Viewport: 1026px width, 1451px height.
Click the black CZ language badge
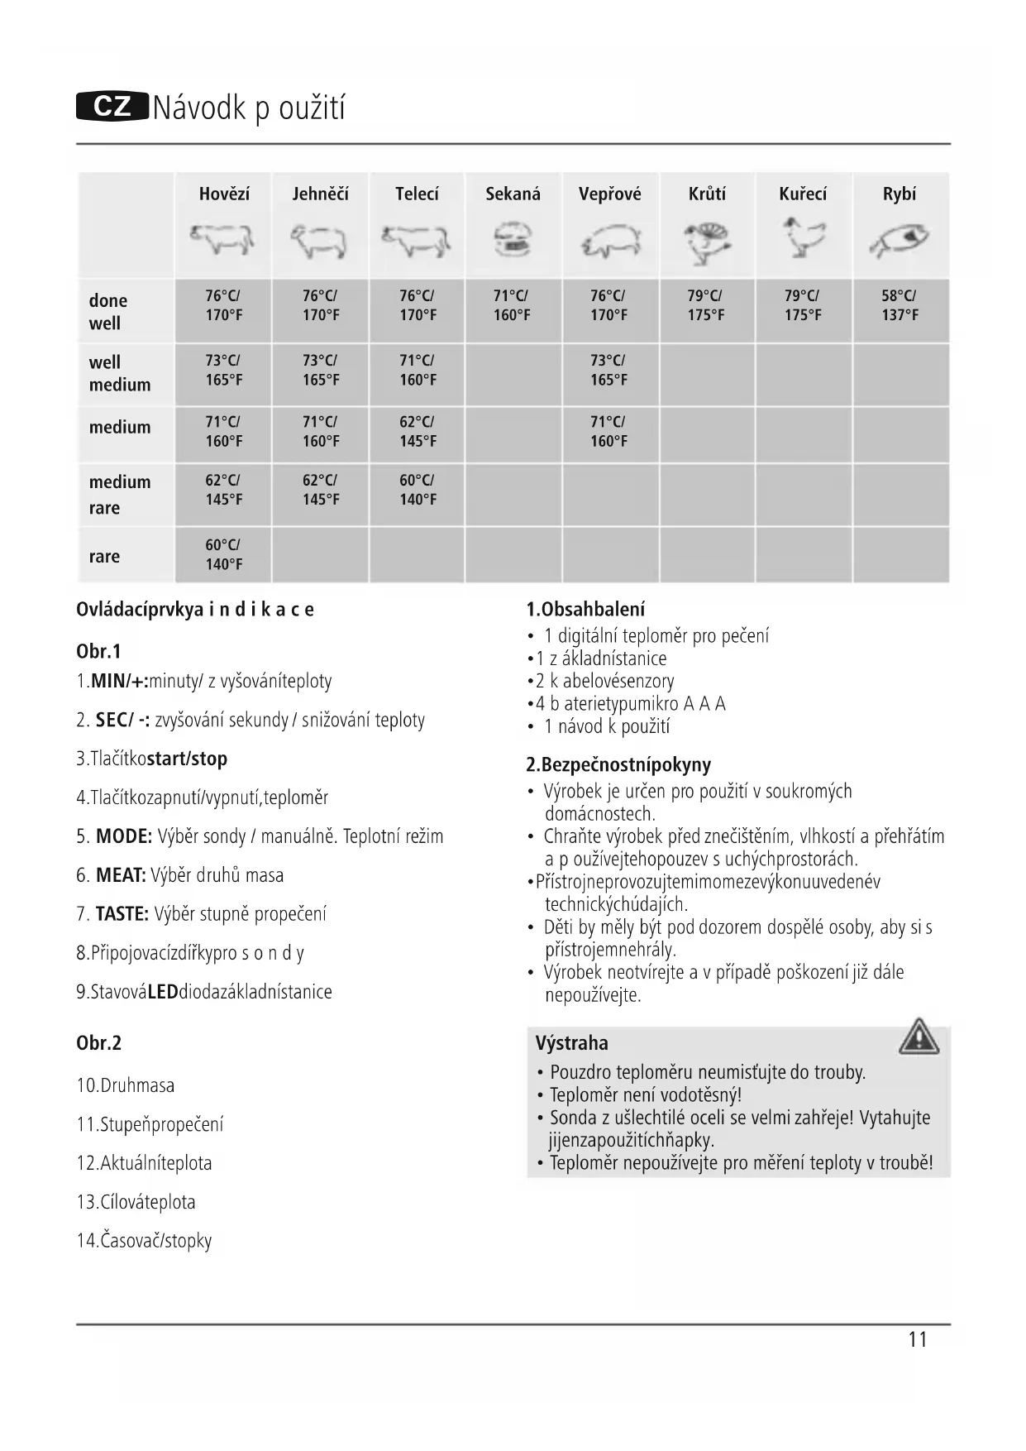point(112,108)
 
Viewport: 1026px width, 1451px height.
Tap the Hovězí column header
point(224,194)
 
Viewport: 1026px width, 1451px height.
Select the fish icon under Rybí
point(900,240)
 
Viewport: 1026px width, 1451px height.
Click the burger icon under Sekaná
point(513,241)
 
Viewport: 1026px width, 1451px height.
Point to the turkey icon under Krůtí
point(707,242)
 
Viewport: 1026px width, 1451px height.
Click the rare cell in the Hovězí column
point(223,555)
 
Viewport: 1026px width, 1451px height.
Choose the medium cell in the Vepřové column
point(608,432)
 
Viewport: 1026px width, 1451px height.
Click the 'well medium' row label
point(120,373)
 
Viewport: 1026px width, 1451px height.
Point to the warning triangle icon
point(919,1037)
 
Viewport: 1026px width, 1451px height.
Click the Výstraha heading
point(571,1043)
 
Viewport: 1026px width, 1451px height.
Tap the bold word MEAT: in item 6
point(121,875)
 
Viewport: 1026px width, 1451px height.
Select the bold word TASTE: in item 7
point(122,914)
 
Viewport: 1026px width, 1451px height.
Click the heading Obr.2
point(98,1043)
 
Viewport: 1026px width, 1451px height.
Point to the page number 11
point(918,1340)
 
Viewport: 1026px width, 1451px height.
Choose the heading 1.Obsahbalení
point(585,610)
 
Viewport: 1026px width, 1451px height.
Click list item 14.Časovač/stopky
point(144,1241)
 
